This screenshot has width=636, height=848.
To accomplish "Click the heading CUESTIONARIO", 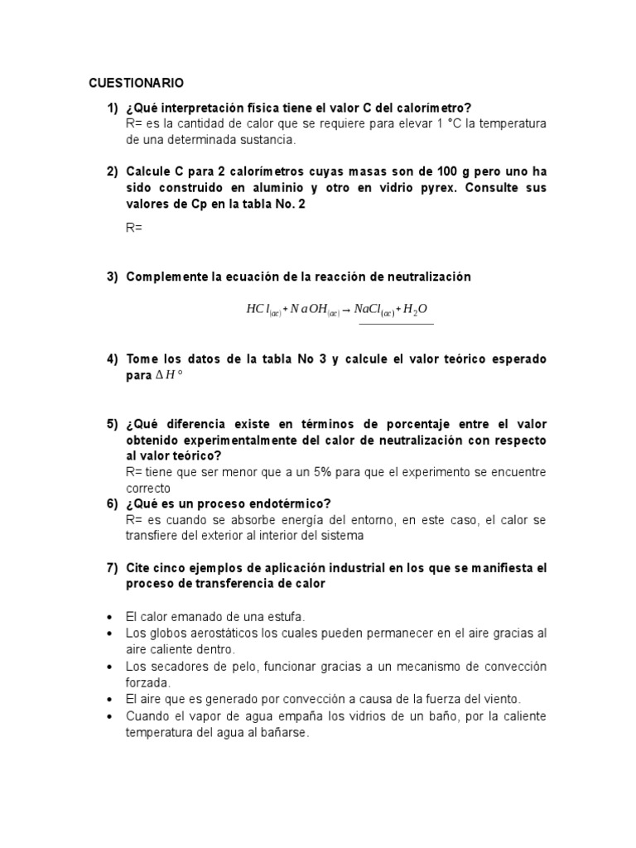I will (137, 83).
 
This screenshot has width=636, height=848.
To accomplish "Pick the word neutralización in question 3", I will (431, 277).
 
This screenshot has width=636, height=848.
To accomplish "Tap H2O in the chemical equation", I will (416, 310).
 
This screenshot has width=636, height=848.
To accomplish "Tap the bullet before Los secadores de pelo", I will (110, 667).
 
